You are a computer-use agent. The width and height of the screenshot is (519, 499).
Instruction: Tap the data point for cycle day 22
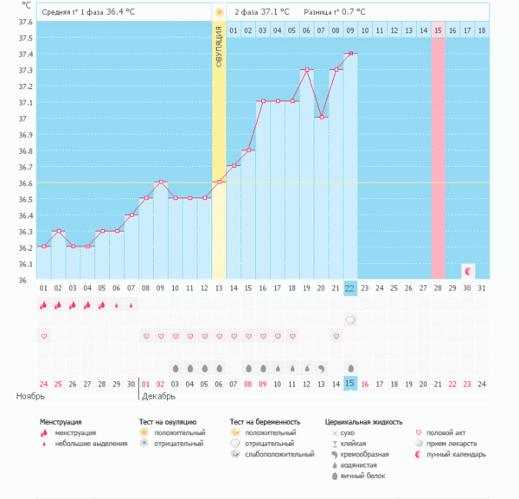[x=350, y=54]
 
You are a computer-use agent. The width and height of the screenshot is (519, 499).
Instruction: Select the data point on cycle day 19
[x=306, y=69]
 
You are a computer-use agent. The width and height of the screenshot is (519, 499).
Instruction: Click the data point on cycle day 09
[x=160, y=182]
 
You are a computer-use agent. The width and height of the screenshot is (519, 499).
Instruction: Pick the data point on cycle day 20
[x=321, y=118]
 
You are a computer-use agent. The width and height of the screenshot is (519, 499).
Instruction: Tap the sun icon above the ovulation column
[x=219, y=12]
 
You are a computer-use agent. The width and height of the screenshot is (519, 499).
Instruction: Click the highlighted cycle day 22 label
[x=350, y=287]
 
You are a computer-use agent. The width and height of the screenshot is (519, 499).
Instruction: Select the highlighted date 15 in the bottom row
[x=350, y=383]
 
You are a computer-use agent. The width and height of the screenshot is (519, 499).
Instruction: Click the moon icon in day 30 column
[x=468, y=271]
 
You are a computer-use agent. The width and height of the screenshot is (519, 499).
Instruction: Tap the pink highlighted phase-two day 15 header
[x=439, y=30]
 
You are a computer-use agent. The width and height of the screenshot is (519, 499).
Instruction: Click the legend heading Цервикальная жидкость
[x=363, y=422]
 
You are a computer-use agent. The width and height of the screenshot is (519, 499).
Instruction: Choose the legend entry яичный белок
[x=362, y=476]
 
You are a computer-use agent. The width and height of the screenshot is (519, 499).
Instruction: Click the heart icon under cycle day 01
[x=43, y=336]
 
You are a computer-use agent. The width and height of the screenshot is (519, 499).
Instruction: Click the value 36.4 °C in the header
[x=120, y=12]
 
